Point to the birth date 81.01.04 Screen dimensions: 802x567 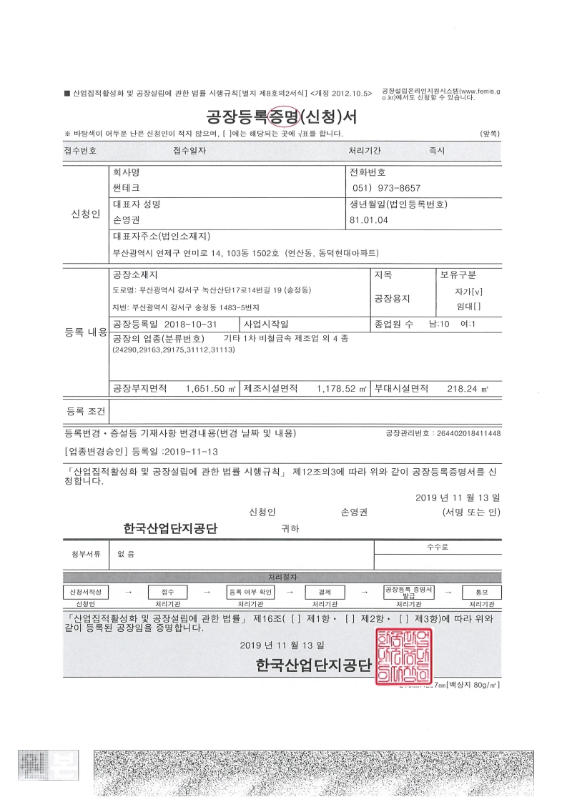(x=368, y=219)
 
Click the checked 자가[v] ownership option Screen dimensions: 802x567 (x=468, y=292)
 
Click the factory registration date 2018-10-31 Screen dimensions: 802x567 (x=192, y=324)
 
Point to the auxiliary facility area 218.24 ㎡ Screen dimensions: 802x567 (x=468, y=388)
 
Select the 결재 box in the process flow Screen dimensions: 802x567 (x=325, y=593)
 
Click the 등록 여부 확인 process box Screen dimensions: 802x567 (x=251, y=593)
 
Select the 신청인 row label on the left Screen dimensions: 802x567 (x=85, y=215)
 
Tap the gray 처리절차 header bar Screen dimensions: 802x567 (x=282, y=577)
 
